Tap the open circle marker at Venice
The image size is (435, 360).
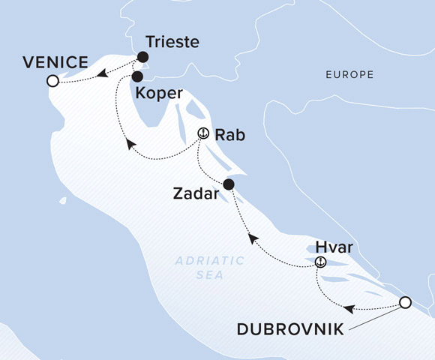point(52,81)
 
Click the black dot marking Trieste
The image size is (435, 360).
point(142,57)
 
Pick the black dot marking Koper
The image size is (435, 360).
point(137,76)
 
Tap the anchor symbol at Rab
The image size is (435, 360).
point(202,133)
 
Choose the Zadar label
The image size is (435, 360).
point(197,195)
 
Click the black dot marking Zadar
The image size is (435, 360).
point(229,184)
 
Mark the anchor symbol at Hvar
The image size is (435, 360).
point(321,262)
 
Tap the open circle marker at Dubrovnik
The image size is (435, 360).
point(405,302)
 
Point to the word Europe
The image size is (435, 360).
point(349,75)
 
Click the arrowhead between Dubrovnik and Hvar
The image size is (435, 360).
point(348,308)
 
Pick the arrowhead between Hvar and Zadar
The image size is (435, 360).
point(253,238)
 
